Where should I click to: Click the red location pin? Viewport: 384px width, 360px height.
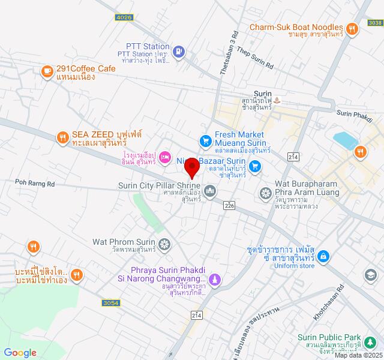pyautogui.click(x=191, y=167)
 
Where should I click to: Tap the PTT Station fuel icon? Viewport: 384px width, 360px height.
pyautogui.click(x=178, y=52)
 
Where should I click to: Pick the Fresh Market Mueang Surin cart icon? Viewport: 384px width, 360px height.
pyautogui.click(x=205, y=141)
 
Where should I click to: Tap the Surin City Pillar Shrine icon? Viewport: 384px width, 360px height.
pyautogui.click(x=210, y=191)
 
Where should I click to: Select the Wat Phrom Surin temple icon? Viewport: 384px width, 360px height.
pyautogui.click(x=165, y=244)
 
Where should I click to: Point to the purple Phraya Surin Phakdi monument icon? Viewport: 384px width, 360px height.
pyautogui.click(x=216, y=279)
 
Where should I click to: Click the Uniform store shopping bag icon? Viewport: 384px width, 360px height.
pyautogui.click(x=323, y=256)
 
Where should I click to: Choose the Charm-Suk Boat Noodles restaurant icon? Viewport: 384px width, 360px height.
pyautogui.click(x=352, y=28)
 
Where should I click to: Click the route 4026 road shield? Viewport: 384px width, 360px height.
pyautogui.click(x=124, y=18)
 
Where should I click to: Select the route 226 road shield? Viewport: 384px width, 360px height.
pyautogui.click(x=229, y=205)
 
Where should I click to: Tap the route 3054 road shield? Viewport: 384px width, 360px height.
pyautogui.click(x=110, y=303)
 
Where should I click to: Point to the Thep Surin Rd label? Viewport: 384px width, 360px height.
pyautogui.click(x=254, y=58)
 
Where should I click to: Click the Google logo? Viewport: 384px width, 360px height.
pyautogui.click(x=20, y=353)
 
